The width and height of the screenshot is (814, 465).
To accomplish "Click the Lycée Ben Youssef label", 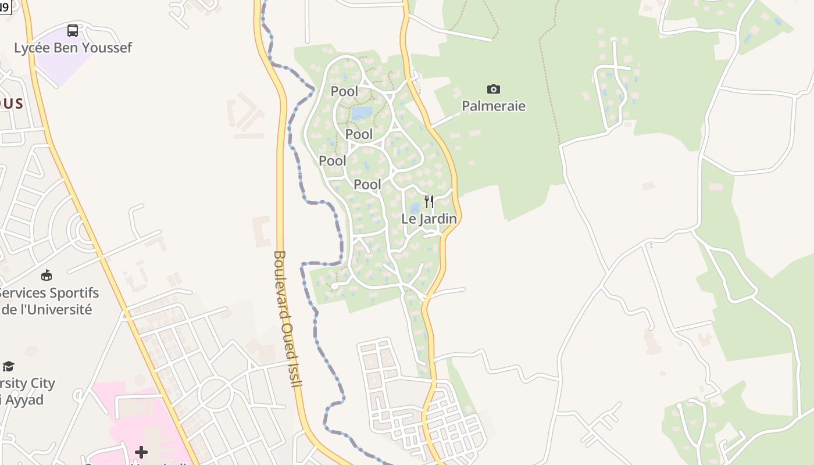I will [x=73, y=48].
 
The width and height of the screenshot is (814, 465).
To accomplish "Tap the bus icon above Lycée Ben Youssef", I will [x=73, y=31].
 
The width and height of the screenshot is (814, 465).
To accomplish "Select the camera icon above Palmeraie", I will [x=493, y=89].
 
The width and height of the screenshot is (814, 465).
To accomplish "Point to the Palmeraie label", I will [x=493, y=106].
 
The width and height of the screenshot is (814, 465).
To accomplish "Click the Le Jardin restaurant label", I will [x=429, y=219].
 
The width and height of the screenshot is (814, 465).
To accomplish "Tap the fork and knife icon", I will [x=429, y=202].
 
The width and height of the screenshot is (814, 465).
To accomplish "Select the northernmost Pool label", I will [x=345, y=91].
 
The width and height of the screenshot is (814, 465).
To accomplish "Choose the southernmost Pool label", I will [x=367, y=185].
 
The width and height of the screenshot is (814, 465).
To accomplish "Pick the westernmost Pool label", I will [x=333, y=160].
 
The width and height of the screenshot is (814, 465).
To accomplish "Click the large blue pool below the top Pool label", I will [x=361, y=113].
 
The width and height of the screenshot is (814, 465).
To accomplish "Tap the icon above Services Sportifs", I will [x=47, y=275].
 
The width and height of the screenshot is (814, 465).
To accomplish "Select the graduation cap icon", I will [x=8, y=366].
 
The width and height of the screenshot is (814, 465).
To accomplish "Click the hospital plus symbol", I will [x=141, y=452].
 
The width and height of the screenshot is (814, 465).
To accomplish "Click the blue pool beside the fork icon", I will [x=415, y=208].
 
